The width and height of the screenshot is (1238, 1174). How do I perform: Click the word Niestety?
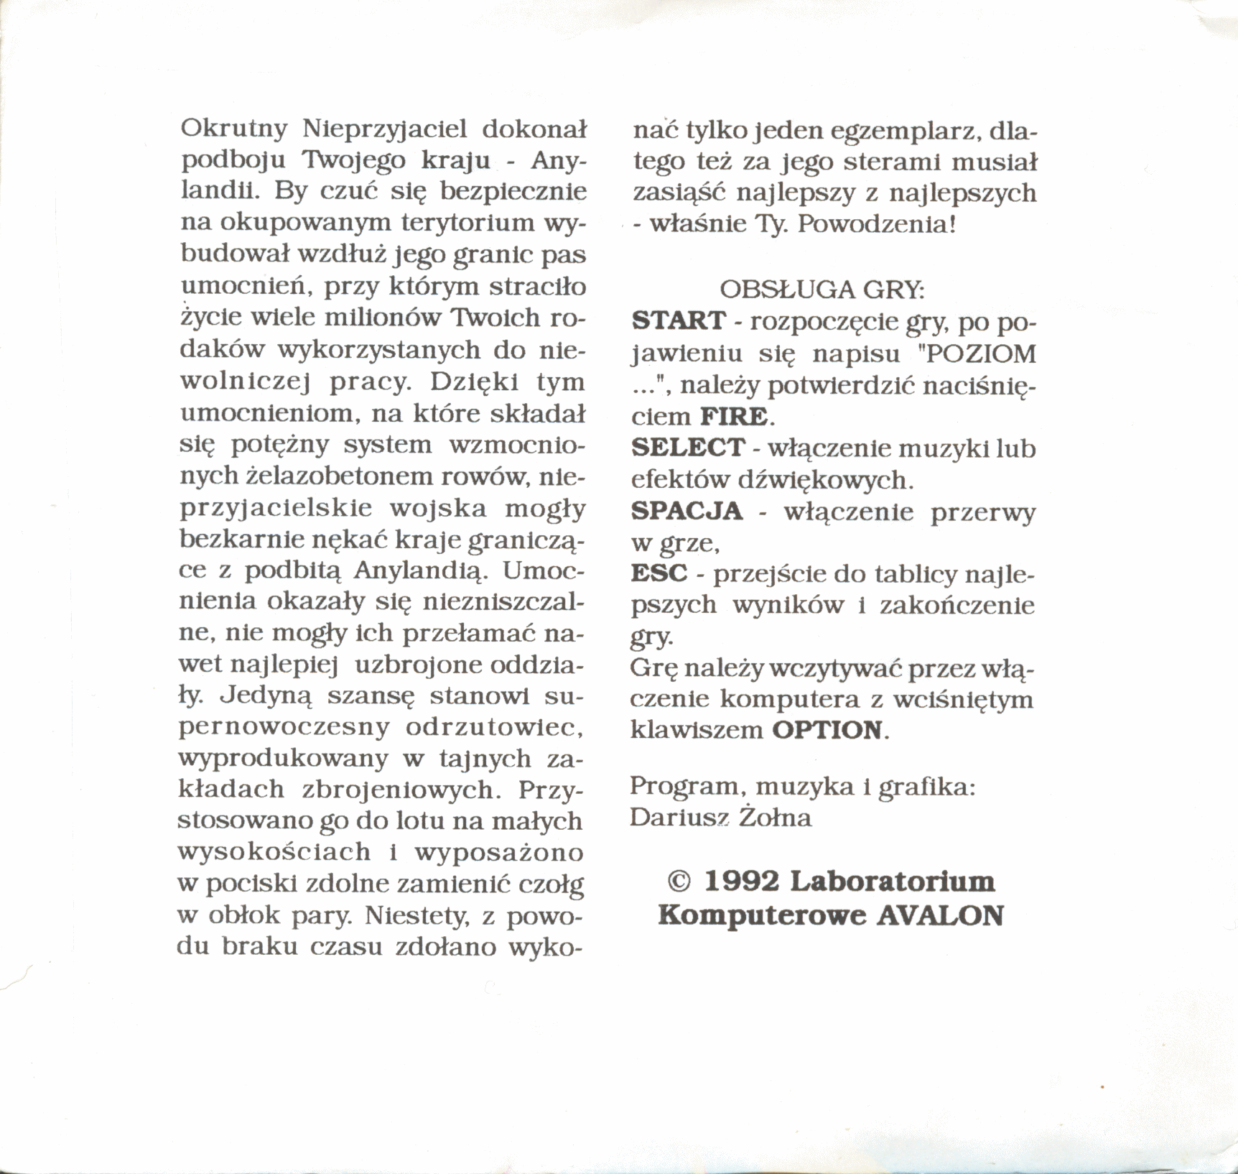pos(414,916)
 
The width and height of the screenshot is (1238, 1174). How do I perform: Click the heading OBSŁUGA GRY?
pos(822,290)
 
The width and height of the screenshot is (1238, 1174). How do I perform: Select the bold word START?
pos(679,320)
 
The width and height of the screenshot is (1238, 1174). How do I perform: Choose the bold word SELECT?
pos(688,448)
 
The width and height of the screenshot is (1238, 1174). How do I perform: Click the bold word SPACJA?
pos(687,511)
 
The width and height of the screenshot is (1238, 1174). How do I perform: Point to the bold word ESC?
pos(658,573)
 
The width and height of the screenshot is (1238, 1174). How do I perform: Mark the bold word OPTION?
pos(827,730)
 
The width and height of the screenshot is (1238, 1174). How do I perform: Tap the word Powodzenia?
pos(877,225)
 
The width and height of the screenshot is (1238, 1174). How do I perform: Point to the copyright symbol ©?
pos(679,881)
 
